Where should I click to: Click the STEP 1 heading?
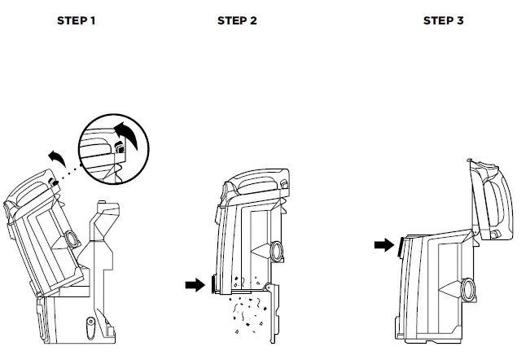[x=76, y=20]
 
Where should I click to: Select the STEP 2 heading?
[x=237, y=20]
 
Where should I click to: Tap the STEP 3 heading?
[x=443, y=20]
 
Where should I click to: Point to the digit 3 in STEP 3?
[x=460, y=20]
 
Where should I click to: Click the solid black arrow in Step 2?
[x=195, y=284]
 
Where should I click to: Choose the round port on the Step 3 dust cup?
[x=468, y=288]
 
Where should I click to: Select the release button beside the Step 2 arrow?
[x=214, y=283]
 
